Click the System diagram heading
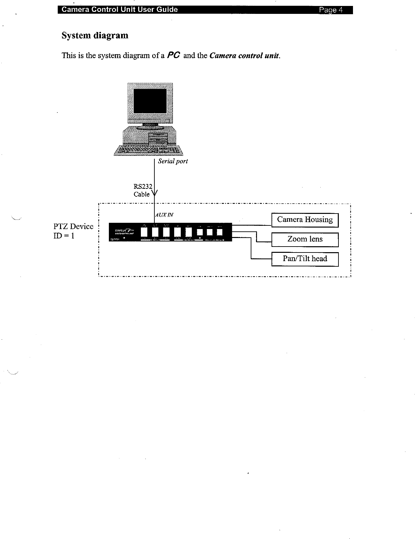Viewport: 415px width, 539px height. click(95, 36)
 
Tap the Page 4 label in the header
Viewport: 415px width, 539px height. click(331, 10)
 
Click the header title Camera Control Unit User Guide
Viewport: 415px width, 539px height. click(120, 10)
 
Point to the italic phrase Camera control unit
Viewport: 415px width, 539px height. click(244, 55)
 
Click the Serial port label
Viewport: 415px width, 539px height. click(173, 161)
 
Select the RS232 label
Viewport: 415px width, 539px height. click(142, 187)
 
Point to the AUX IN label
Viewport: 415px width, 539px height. click(164, 215)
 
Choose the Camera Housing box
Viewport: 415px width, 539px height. click(305, 220)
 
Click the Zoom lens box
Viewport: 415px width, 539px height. click(305, 239)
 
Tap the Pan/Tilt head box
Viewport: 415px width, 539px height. click(305, 259)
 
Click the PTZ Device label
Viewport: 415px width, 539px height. click(73, 226)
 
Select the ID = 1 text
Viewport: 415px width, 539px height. click(64, 236)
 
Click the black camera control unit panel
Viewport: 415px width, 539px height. click(170, 232)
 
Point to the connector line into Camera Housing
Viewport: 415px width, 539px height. click(252, 226)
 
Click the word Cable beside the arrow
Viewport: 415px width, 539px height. click(142, 194)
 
